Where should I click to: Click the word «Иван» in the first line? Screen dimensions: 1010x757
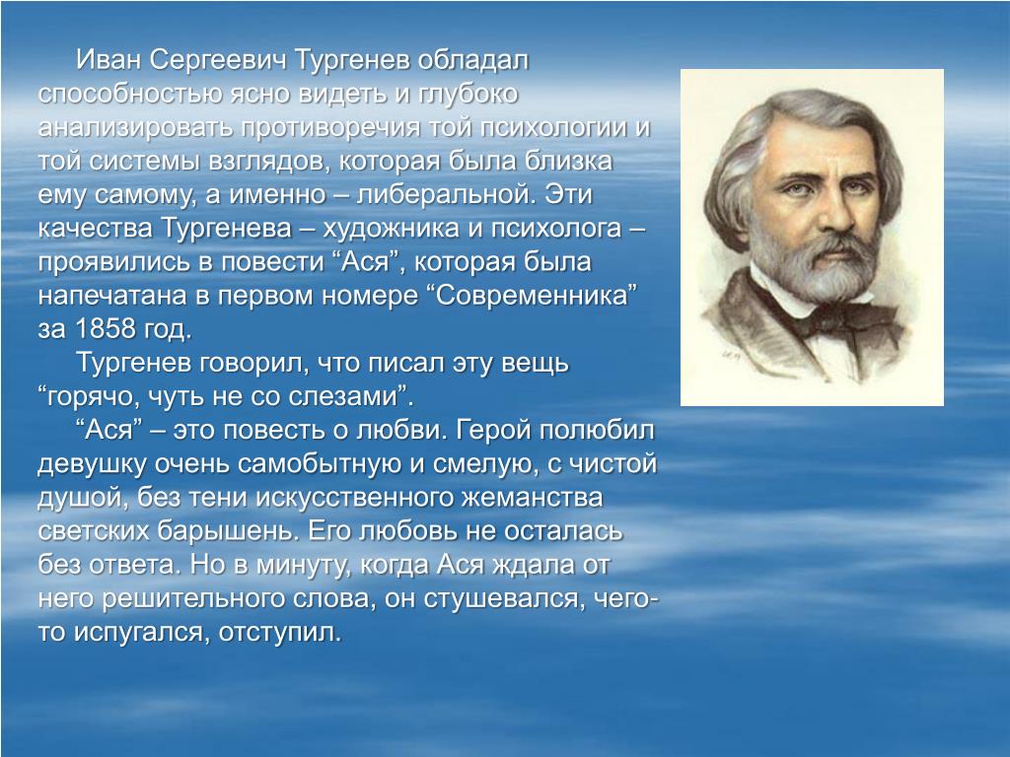[x=108, y=60]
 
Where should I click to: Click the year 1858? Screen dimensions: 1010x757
[x=106, y=329]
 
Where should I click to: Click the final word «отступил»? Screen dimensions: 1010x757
[x=279, y=633]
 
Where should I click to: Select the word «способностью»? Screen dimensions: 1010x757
[x=129, y=95]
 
